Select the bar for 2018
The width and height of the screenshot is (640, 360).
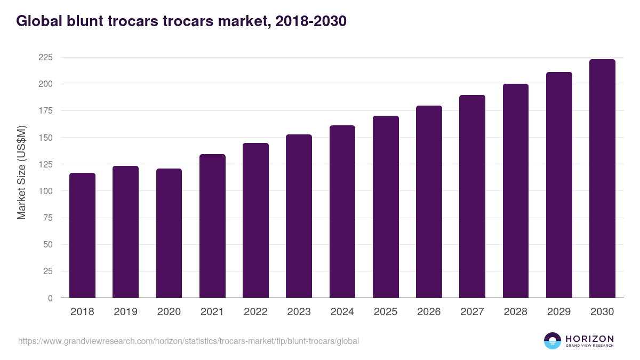coord(82,235)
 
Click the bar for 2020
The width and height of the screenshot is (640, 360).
coord(169,233)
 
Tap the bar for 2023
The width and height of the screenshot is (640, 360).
coord(299,216)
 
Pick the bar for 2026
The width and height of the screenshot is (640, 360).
coord(429,202)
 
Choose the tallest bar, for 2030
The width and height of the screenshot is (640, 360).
coord(602,179)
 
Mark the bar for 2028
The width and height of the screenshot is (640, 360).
coord(516,191)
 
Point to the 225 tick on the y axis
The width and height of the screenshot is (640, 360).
coord(45,58)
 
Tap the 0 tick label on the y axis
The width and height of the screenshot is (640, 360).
coord(50,298)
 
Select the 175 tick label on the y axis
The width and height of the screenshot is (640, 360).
coord(45,111)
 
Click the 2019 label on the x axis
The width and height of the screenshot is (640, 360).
coord(125,312)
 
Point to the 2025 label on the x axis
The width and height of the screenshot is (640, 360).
coord(386,312)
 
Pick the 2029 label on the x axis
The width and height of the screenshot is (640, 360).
coord(559,312)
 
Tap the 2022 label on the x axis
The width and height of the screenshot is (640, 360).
coord(255,312)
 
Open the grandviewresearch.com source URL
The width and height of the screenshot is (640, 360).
coord(188,341)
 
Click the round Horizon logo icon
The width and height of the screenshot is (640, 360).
coord(552,341)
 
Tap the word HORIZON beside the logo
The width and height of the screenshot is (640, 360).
coord(589,338)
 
